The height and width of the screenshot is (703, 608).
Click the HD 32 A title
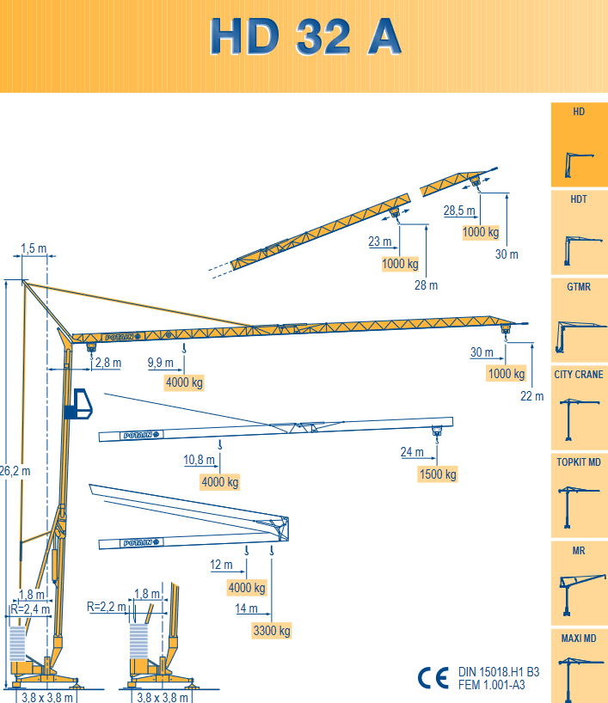305,37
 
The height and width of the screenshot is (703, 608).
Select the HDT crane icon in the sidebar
582,250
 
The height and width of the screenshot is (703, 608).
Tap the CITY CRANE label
579,375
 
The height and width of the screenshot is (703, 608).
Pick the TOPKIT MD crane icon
579,507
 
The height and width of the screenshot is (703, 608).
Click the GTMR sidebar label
579,287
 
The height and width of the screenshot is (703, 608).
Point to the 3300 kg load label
272,630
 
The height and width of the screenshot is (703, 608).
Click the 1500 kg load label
438,474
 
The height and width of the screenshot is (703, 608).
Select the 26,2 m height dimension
15,471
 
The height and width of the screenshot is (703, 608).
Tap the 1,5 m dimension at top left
34,248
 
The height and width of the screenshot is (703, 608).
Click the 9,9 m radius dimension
161,363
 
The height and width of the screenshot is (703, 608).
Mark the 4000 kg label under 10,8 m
220,482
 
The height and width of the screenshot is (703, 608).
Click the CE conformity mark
433,677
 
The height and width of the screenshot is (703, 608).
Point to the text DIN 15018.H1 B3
499,672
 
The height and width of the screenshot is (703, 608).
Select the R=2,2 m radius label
107,607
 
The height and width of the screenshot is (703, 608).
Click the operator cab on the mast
78,404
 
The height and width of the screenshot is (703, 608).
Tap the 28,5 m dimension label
459,211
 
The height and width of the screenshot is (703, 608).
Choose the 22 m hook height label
531,396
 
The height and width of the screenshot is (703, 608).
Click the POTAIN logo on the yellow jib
123,337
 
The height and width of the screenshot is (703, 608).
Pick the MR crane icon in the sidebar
582,594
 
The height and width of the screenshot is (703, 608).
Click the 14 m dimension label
246,608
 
